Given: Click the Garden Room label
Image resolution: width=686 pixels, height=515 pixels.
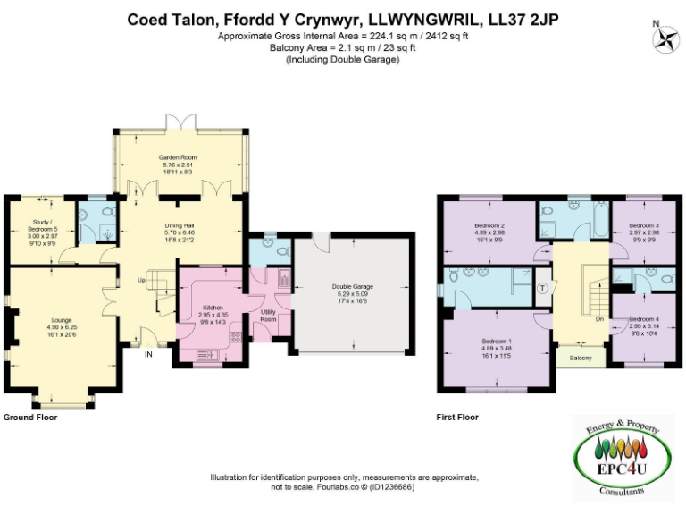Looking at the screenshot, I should pyautogui.click(x=179, y=157).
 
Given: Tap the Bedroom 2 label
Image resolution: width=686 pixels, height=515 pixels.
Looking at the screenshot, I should pyautogui.click(x=490, y=224).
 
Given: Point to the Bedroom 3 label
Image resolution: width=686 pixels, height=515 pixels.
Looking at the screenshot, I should pyautogui.click(x=643, y=225).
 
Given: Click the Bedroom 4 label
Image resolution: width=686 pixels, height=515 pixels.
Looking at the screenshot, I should pyautogui.click(x=643, y=319).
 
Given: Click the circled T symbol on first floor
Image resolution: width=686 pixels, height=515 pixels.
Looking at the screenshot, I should pyautogui.click(x=543, y=287).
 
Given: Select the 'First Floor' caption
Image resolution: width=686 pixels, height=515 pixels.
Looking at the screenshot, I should pyautogui.click(x=456, y=418).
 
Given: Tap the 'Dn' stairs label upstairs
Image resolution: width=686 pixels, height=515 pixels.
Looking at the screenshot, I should pyautogui.click(x=599, y=318).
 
